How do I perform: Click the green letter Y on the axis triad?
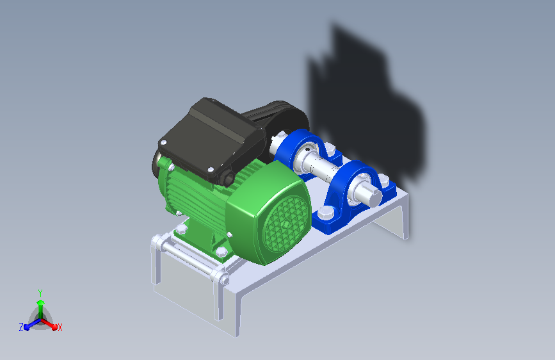40,293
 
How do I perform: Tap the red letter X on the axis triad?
60,327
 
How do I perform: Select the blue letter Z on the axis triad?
21,327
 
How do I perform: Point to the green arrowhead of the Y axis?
40,303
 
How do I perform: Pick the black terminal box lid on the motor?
212,138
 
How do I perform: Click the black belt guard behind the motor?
280,117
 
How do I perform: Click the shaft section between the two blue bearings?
323,166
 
